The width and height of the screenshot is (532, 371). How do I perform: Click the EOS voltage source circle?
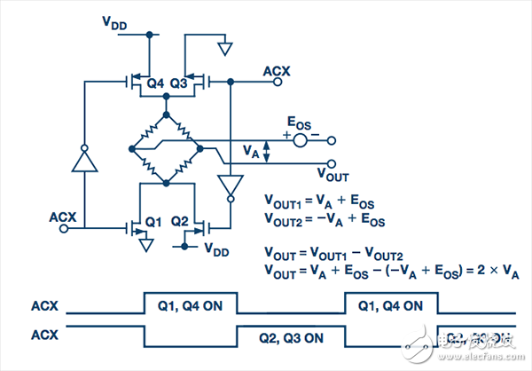click(300, 139)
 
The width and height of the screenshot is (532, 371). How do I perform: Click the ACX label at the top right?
click(277, 68)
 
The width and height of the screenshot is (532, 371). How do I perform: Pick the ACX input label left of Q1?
click(61, 216)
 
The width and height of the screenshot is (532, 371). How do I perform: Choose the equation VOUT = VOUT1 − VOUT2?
click(332, 253)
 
